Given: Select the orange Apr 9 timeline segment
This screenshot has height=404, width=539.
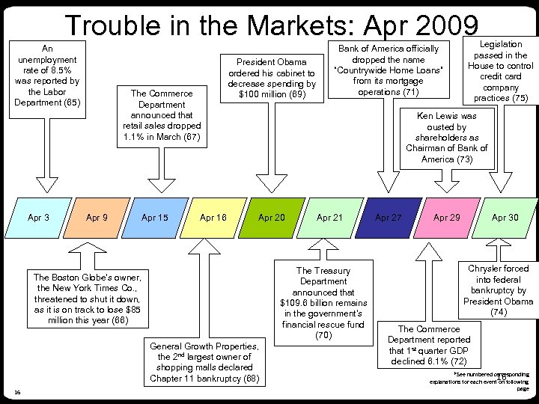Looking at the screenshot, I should pyautogui.click(x=97, y=218).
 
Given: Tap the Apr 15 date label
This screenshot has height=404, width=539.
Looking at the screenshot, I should pyautogui.click(x=155, y=218).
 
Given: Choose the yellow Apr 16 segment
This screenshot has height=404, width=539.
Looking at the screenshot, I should pyautogui.click(x=213, y=218).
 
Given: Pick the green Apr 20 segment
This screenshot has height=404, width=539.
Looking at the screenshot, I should pyautogui.click(x=271, y=218).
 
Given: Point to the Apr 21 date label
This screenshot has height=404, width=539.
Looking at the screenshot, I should pyautogui.click(x=329, y=218).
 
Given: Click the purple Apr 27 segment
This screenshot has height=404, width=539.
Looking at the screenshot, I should pyautogui.click(x=388, y=218).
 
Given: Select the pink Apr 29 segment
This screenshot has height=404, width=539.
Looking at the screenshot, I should pyautogui.click(x=446, y=218).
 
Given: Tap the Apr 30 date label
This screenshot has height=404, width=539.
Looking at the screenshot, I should pyautogui.click(x=505, y=218).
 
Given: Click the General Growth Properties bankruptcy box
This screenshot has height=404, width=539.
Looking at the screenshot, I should pyautogui.click(x=204, y=362).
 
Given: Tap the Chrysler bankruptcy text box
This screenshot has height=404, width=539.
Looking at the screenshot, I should pyautogui.click(x=498, y=290).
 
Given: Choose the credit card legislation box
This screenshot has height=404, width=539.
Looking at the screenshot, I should pyautogui.click(x=501, y=72).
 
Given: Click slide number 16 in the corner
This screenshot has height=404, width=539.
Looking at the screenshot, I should pyautogui.click(x=17, y=392).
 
